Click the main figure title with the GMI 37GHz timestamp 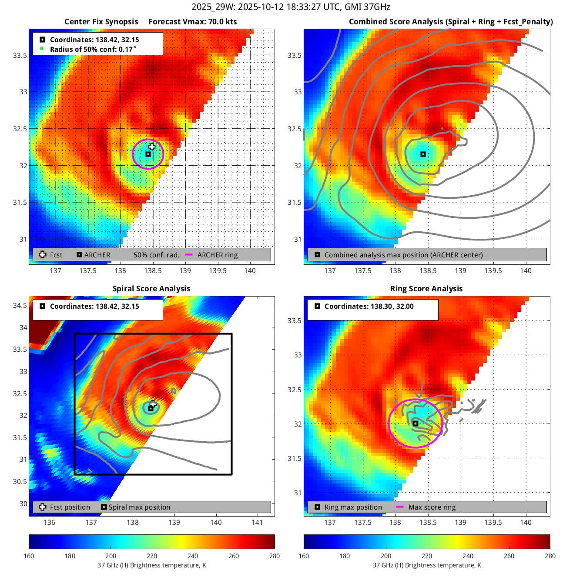tap(291, 7)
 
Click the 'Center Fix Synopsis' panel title tap(101, 22)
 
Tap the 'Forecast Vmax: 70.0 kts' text tap(192, 22)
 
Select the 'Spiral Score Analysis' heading tap(151, 289)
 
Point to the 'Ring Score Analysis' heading tap(426, 289)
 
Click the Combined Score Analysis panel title tap(451, 22)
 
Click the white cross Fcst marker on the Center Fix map tap(152, 147)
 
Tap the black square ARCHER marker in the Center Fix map tap(148, 154)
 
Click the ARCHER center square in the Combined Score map tap(423, 154)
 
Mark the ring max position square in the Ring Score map tap(416, 423)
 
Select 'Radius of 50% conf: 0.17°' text tap(93, 49)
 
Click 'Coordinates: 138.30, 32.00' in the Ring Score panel tap(369, 306)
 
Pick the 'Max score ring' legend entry tap(432, 507)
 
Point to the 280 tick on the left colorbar tap(275, 556)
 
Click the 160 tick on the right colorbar tap(304, 556)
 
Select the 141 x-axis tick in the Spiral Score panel tap(257, 523)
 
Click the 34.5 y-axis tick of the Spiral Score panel tap(20, 305)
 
